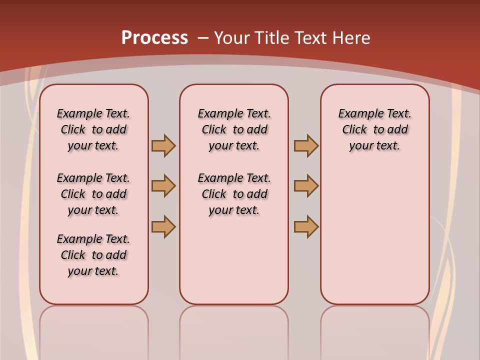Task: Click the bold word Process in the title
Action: pos(154,38)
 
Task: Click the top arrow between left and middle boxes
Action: pos(163,145)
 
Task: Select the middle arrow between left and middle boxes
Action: pos(163,186)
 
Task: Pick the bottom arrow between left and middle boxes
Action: pos(163,226)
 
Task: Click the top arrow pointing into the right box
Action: pos(306,145)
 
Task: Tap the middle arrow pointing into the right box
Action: pos(306,186)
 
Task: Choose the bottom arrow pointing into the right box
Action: pos(306,226)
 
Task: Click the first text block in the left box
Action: pos(93,129)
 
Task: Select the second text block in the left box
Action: pos(93,194)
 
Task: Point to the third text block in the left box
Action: pos(93,255)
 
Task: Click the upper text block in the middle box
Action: pos(234,129)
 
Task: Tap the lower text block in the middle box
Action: pos(234,194)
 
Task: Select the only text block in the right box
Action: pos(375,129)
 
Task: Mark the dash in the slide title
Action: pos(203,38)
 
